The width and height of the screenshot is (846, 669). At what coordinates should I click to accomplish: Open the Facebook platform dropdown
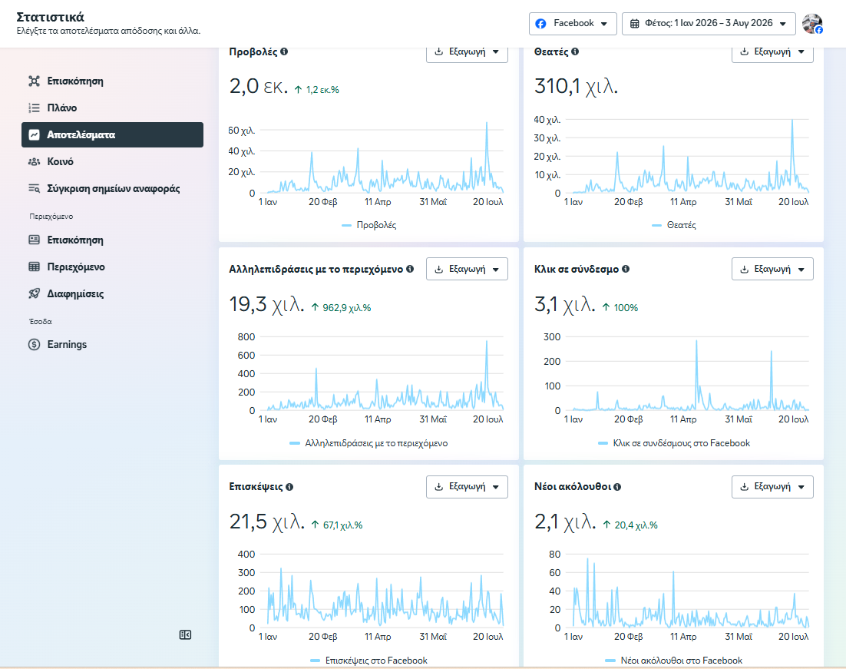573,24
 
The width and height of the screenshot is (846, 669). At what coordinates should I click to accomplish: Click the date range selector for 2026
709,24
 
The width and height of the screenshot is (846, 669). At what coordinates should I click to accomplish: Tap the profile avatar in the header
812,24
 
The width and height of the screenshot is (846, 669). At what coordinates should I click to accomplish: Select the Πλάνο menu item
62,108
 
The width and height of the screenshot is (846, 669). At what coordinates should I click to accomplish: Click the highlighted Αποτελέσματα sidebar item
112,134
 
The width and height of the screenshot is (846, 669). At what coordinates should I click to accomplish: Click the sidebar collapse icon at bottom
185,635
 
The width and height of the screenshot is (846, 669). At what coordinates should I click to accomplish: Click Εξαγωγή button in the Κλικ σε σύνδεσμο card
772,269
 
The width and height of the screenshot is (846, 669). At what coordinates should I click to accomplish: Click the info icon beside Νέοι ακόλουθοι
617,486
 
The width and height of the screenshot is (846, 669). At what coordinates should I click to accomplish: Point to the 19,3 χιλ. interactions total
266,304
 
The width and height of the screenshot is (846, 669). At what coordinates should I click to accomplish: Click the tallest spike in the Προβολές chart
487,123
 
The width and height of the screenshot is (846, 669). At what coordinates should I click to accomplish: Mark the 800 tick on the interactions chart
246,337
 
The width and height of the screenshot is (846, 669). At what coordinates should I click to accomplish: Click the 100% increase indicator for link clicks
620,308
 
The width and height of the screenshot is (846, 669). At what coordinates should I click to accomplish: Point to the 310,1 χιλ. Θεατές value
576,86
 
